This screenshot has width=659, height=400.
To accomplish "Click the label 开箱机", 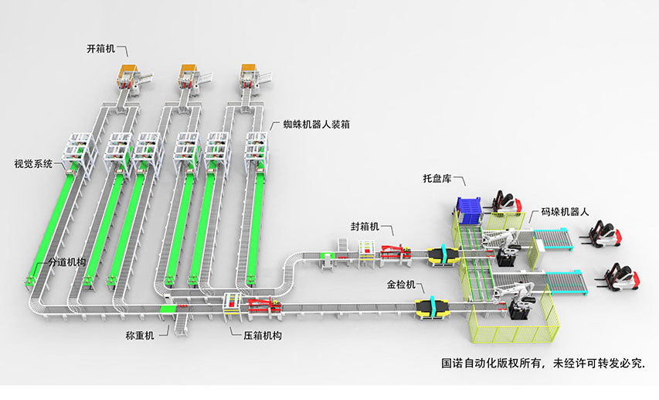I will (100, 49).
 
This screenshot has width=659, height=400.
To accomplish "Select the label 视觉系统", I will (33, 164).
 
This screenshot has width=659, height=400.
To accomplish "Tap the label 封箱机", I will (365, 227).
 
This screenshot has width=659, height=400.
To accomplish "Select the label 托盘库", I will (437, 179).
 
